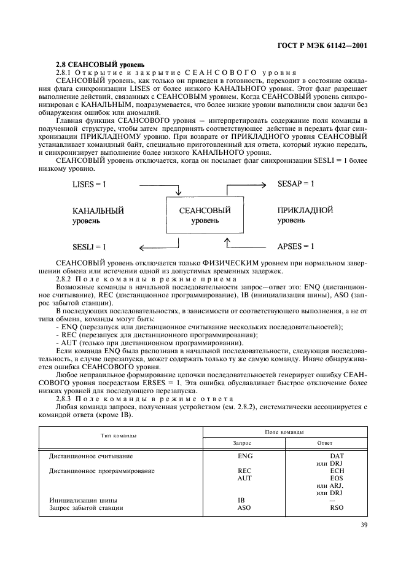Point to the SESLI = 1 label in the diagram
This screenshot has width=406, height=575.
click(90, 246)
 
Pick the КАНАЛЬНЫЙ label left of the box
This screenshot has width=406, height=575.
click(98, 211)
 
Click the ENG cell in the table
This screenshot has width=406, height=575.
click(244, 456)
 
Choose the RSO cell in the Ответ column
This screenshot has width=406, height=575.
click(336, 508)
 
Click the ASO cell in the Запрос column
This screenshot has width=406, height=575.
click(244, 508)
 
